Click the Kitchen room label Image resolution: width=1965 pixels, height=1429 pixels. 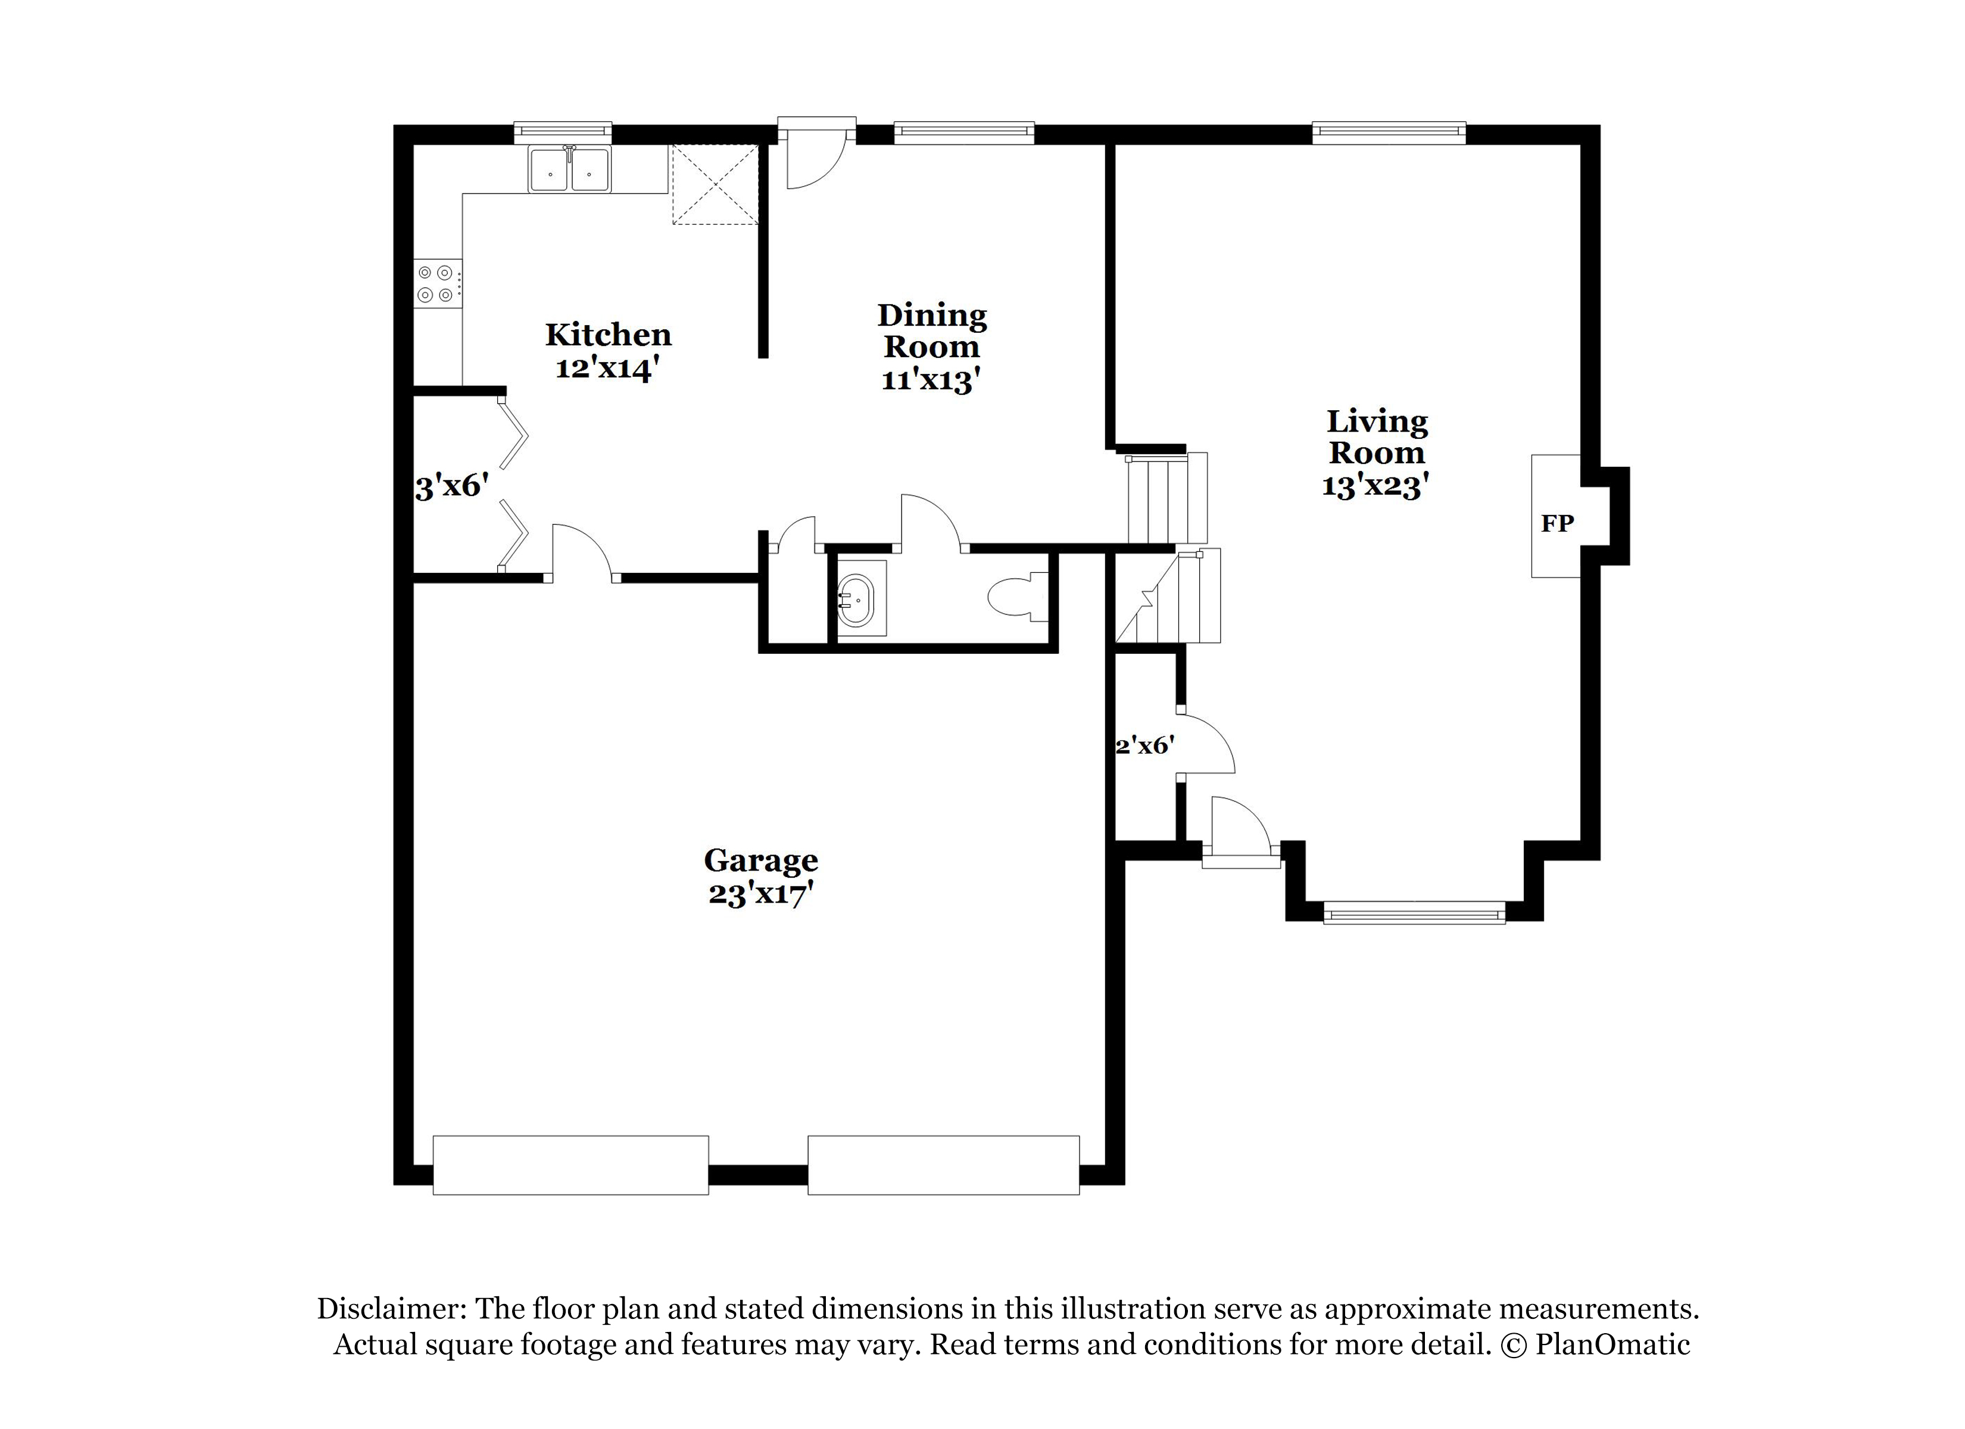[608, 335]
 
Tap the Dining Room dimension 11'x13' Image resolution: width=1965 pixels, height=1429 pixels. [931, 379]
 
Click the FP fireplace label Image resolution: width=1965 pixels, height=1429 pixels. [1557, 523]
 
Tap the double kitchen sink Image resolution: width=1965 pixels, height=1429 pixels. [569, 169]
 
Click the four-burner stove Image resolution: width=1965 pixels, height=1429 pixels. [438, 283]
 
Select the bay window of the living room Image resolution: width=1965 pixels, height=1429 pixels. [1414, 913]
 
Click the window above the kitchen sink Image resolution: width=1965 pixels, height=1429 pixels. [563, 133]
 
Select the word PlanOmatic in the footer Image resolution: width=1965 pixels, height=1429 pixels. [1612, 1344]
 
